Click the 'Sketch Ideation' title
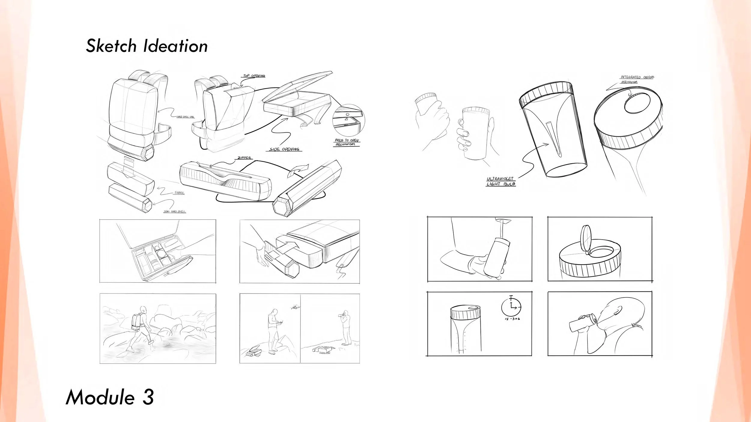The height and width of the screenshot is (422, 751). [x=147, y=46]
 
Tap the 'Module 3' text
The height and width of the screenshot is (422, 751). [x=110, y=397]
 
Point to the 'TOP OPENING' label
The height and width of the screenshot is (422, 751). [x=254, y=76]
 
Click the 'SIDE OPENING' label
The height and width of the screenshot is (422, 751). [x=284, y=149]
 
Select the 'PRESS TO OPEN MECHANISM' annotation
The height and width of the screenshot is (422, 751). [x=347, y=142]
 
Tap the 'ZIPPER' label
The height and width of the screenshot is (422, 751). [x=244, y=158]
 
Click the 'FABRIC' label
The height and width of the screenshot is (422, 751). [x=179, y=193]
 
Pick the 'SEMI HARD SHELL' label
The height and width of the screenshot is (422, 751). [x=175, y=212]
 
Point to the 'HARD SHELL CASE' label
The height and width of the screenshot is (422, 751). [x=185, y=117]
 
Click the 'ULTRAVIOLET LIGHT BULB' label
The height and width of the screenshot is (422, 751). [x=501, y=181]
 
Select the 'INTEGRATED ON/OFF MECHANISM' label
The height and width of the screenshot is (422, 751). [x=637, y=79]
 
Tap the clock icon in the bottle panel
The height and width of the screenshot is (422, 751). [x=511, y=308]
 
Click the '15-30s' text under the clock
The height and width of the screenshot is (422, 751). [x=512, y=319]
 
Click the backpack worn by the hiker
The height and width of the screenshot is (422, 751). [x=137, y=322]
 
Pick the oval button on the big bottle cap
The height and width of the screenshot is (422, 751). [x=637, y=104]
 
